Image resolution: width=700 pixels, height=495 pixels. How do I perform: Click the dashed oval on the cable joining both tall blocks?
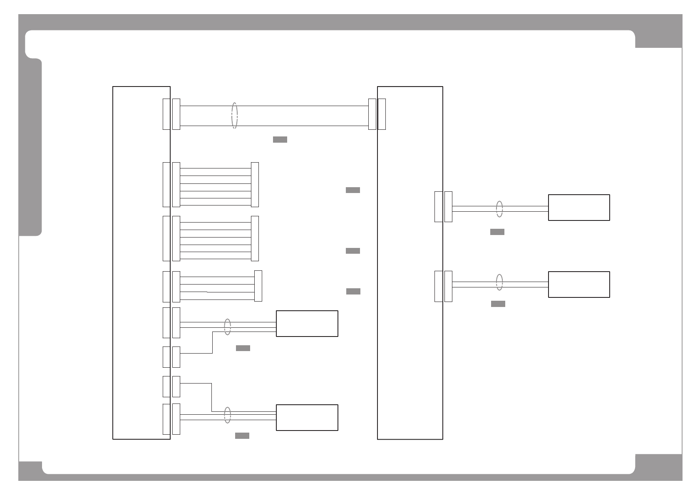coord(235,116)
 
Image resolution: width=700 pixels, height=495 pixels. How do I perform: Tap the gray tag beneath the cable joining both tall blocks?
coord(280,139)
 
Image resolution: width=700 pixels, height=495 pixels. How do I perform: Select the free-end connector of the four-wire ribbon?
coord(258,286)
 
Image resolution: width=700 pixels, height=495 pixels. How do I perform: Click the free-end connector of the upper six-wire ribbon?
coord(255,184)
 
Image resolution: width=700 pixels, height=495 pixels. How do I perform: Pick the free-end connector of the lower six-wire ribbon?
coord(255,238)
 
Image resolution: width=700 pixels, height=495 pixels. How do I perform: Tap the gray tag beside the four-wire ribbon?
coord(353,291)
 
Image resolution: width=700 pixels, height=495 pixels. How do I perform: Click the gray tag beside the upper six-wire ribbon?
coord(353,190)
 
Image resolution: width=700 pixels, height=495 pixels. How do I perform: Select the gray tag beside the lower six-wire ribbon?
coord(353,251)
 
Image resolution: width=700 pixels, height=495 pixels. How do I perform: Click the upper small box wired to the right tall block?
coord(579,208)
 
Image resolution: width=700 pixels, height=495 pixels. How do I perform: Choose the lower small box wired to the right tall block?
coord(579,285)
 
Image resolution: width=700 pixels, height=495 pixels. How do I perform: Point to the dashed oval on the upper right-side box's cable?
coord(499,209)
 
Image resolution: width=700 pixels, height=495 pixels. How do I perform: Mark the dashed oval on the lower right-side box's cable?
coord(499,282)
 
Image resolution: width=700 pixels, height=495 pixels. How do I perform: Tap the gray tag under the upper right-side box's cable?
coord(497,232)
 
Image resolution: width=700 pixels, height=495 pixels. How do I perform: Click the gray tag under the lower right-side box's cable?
coord(498,304)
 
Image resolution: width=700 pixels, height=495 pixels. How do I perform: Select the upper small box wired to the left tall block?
coord(307,324)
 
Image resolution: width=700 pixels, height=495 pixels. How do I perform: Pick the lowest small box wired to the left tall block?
coord(307,418)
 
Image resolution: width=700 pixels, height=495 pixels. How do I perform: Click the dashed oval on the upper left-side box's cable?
coord(228,327)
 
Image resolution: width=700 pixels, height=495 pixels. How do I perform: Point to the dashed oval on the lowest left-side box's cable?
coord(228,415)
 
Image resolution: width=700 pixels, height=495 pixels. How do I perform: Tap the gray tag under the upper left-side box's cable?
coord(243,348)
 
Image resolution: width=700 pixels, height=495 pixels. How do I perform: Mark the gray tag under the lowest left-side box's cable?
coord(242,436)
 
